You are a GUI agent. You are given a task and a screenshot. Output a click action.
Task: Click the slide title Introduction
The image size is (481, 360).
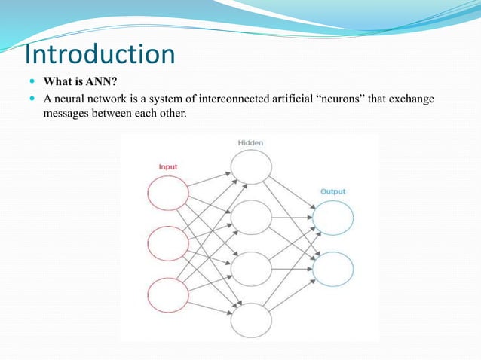[100, 54]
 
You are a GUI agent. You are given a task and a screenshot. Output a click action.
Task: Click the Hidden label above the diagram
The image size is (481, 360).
[250, 142]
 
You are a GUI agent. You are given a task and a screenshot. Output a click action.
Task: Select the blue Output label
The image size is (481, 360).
[332, 191]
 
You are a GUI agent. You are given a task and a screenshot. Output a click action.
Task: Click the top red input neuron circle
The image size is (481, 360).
[167, 193]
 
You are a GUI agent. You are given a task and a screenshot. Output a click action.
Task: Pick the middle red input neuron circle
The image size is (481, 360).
[167, 243]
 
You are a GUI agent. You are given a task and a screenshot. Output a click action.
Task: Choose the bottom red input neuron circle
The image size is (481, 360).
[167, 294]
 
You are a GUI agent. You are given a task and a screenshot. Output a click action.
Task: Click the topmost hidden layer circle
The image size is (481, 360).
[251, 166]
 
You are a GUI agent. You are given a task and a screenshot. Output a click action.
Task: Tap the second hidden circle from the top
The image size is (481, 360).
[251, 217]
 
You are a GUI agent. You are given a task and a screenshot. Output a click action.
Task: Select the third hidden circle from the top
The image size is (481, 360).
[251, 269]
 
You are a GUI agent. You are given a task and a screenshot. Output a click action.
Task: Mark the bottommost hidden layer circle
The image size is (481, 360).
[251, 320]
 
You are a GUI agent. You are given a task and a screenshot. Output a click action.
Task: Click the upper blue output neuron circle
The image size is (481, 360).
[332, 218]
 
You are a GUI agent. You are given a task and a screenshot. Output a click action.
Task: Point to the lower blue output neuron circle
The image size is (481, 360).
[332, 269]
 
